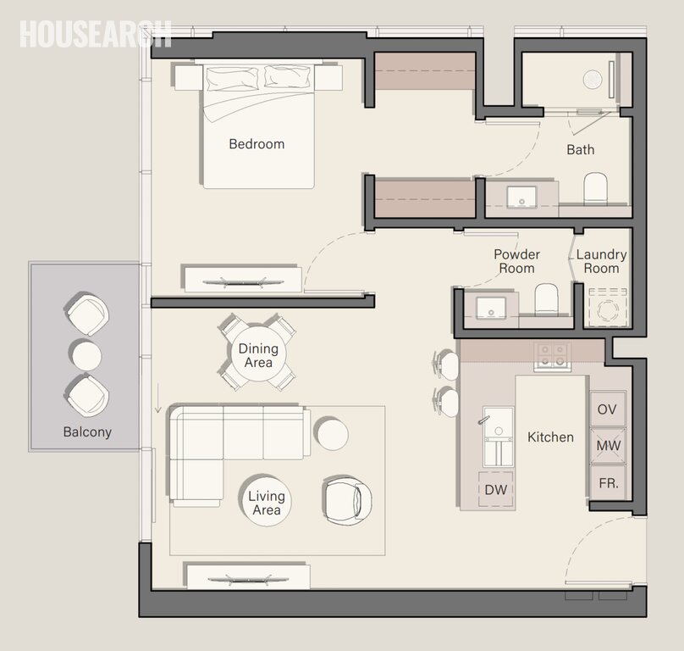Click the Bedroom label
[256, 144]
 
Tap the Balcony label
[87, 431]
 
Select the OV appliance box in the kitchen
[607, 409]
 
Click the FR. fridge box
[607, 483]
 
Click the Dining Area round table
[257, 354]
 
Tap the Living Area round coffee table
[266, 503]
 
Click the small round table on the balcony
[86, 354]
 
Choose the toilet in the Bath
[596, 187]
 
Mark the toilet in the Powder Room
[547, 299]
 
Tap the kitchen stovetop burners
[551, 355]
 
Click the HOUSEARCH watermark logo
[95, 33]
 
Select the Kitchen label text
[550, 437]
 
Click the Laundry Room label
[601, 261]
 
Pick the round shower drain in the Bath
[593, 79]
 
